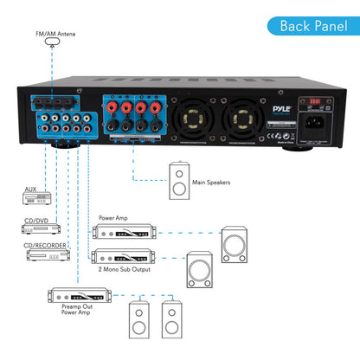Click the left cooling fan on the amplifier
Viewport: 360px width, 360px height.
[x=200, y=118]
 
